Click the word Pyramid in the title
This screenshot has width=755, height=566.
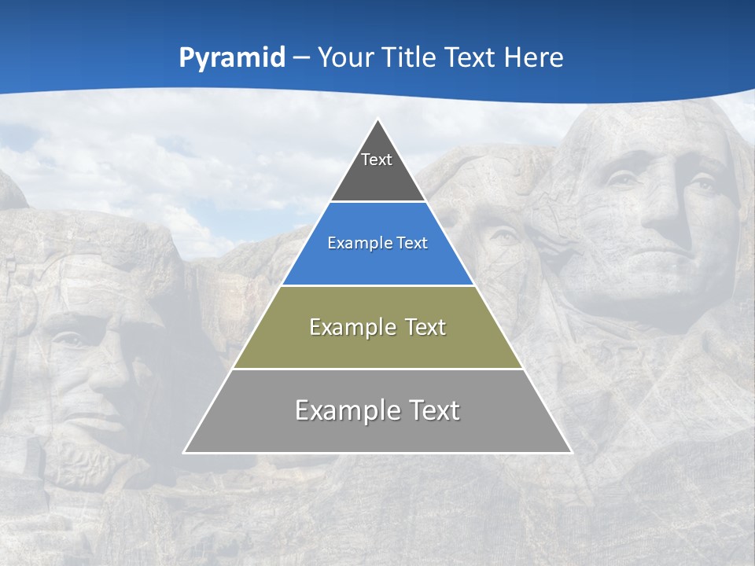pyautogui.click(x=231, y=58)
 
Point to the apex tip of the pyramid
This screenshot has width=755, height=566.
pyautogui.click(x=378, y=120)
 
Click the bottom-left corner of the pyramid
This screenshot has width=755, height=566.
pyautogui.click(x=185, y=452)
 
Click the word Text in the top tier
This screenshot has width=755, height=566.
pyautogui.click(x=377, y=160)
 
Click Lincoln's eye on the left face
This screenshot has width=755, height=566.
pyautogui.click(x=71, y=340)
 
